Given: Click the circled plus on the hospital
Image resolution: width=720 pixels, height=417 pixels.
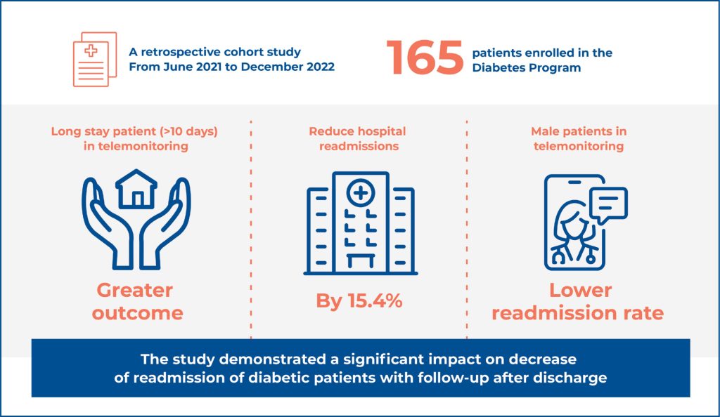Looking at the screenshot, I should pyautogui.click(x=361, y=192).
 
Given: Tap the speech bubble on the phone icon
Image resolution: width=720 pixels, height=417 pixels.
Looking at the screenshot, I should pyautogui.click(x=608, y=204).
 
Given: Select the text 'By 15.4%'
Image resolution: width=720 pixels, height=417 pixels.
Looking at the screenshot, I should pyautogui.click(x=359, y=301).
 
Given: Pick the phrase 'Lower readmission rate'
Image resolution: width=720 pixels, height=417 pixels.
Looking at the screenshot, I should pyautogui.click(x=577, y=301).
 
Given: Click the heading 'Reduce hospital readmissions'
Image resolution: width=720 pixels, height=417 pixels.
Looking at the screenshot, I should pyautogui.click(x=358, y=138).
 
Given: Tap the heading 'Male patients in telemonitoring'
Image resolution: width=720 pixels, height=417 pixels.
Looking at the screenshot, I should pyautogui.click(x=579, y=138).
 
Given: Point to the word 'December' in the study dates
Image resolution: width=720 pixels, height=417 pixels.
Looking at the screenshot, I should pyautogui.click(x=273, y=67).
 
